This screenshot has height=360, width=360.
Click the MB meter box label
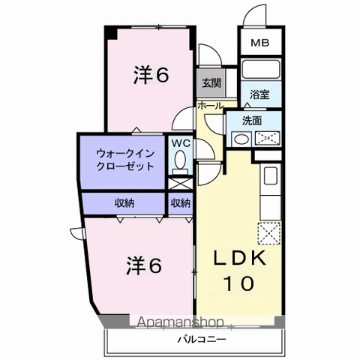tap(260, 43)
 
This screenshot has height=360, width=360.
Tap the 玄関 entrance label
tap(211, 82)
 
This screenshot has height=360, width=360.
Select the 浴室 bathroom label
tap(259, 94)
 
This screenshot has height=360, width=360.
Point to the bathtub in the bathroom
tap(261, 69)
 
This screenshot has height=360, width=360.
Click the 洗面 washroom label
tap(252, 121)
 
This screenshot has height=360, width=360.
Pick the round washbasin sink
tap(241, 139)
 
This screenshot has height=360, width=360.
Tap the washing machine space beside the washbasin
tap(267, 138)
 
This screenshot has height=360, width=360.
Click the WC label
tap(181, 143)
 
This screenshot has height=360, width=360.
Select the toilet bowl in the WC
tap(180, 162)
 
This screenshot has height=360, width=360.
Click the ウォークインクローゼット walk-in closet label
tap(125, 160)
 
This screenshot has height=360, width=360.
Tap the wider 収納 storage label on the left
tap(124, 203)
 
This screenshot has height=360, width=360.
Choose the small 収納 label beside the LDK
tap(181, 203)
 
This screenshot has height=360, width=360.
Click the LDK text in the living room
tap(239, 258)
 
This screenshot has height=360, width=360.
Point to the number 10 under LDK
tap(240, 283)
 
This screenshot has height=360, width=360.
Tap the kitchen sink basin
tap(271, 175)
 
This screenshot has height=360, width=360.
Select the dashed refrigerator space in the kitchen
tap(269, 233)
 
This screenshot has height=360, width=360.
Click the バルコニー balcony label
tap(202, 340)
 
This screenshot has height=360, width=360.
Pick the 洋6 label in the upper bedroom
tap(151, 75)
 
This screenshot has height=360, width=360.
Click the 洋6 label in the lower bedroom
tap(144, 265)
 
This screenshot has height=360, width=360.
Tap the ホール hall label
tap(210, 106)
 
